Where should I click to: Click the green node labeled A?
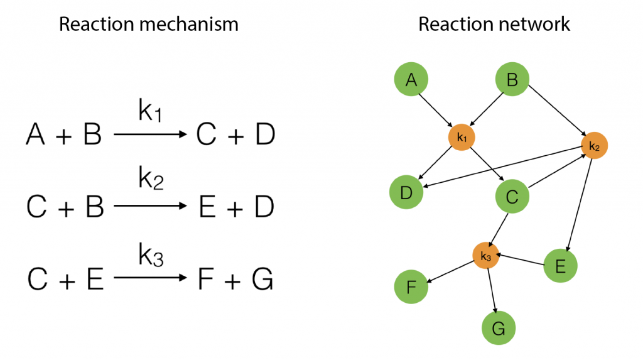pyautogui.click(x=411, y=79)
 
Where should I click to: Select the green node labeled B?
pyautogui.click(x=512, y=79)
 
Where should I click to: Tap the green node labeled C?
pyautogui.click(x=512, y=196)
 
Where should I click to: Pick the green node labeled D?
pyautogui.click(x=406, y=192)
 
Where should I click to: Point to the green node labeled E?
pyautogui.click(x=560, y=266)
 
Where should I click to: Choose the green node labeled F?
pyautogui.click(x=411, y=286)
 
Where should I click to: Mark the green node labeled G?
pyautogui.click(x=498, y=328)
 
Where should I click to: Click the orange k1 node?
pyautogui.click(x=462, y=137)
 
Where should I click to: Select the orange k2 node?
pyautogui.click(x=594, y=145)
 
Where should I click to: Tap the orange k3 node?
pyautogui.click(x=485, y=255)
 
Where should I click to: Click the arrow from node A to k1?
pyautogui.click(x=436, y=111)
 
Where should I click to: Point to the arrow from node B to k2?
pyautogui.click(x=558, y=110)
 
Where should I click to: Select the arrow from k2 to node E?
pyautogui.click(x=580, y=205)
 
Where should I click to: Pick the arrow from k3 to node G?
pyautogui.click(x=492, y=291)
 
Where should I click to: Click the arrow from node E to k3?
pyautogui.click(x=521, y=260)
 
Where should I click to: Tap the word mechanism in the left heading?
pyautogui.click(x=189, y=24)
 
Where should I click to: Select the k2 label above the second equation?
pyautogui.click(x=151, y=178)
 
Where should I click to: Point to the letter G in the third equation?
pyautogui.click(x=262, y=279)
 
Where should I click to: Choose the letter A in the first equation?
pyautogui.click(x=35, y=134)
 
